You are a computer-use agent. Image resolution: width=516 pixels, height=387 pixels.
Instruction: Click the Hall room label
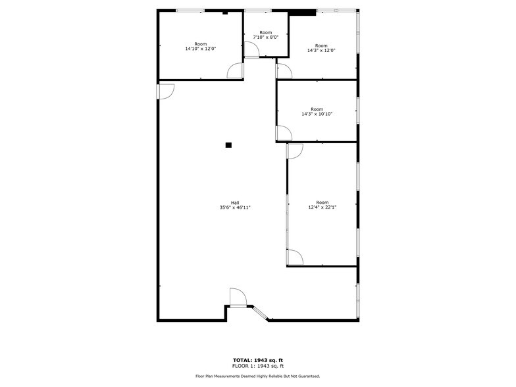[235, 202]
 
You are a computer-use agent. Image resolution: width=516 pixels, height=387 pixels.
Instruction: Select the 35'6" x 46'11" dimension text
[235, 207]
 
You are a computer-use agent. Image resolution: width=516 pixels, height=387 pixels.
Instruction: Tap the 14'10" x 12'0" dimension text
[200, 49]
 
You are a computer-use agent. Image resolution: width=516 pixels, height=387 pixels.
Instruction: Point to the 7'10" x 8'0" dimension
[266, 38]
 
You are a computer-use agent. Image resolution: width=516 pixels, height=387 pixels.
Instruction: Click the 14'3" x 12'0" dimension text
[321, 51]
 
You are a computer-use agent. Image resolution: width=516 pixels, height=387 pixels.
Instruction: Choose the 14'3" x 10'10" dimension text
[317, 114]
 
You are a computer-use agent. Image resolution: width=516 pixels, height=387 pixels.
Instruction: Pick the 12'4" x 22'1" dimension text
[322, 207]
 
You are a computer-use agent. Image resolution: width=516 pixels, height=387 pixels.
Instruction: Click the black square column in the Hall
[228, 145]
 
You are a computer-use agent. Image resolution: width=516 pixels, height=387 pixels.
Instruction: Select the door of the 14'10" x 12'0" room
[235, 71]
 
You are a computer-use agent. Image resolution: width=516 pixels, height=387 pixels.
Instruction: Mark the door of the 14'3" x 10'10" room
[284, 134]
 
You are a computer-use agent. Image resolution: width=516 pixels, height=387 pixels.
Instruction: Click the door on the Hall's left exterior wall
[165, 91]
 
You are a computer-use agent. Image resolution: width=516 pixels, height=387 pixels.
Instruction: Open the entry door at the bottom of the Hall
[238, 297]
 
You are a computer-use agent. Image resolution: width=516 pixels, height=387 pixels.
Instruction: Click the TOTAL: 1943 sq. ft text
[257, 360]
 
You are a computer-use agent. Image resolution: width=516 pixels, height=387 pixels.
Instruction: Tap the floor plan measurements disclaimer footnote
[257, 376]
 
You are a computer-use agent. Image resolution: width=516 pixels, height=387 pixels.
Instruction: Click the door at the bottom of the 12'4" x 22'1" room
[295, 257]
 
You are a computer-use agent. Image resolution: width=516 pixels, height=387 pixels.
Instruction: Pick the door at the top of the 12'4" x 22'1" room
[294, 151]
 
